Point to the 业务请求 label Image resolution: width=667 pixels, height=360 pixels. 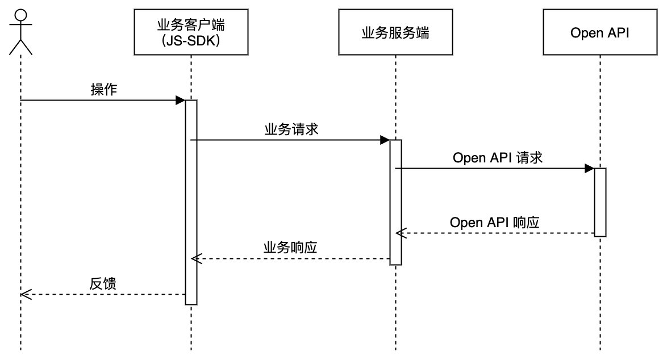click(x=291, y=129)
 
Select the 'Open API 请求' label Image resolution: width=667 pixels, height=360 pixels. click(x=498, y=158)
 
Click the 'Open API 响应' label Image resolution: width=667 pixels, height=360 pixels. click(x=494, y=222)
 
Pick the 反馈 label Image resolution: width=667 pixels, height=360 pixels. click(x=103, y=284)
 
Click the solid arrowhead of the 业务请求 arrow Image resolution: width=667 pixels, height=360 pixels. click(x=385, y=140)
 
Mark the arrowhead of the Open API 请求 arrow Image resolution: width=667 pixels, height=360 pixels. click(x=589, y=169)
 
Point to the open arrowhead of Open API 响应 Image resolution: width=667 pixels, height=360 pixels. click(x=400, y=233)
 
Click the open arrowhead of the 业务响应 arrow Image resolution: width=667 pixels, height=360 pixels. click(x=196, y=259)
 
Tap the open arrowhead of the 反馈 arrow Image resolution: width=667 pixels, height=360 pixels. click(x=24, y=294)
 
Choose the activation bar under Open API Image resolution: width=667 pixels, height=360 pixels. click(x=600, y=202)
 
